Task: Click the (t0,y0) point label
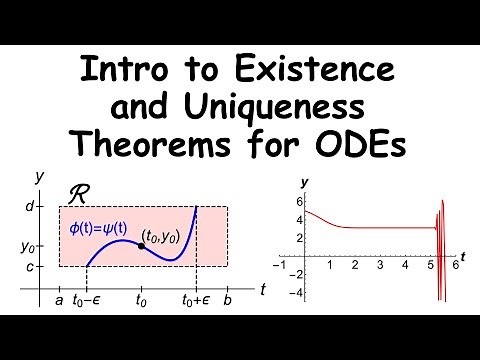(163, 236)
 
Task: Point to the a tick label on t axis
(59, 297)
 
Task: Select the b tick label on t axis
(229, 297)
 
